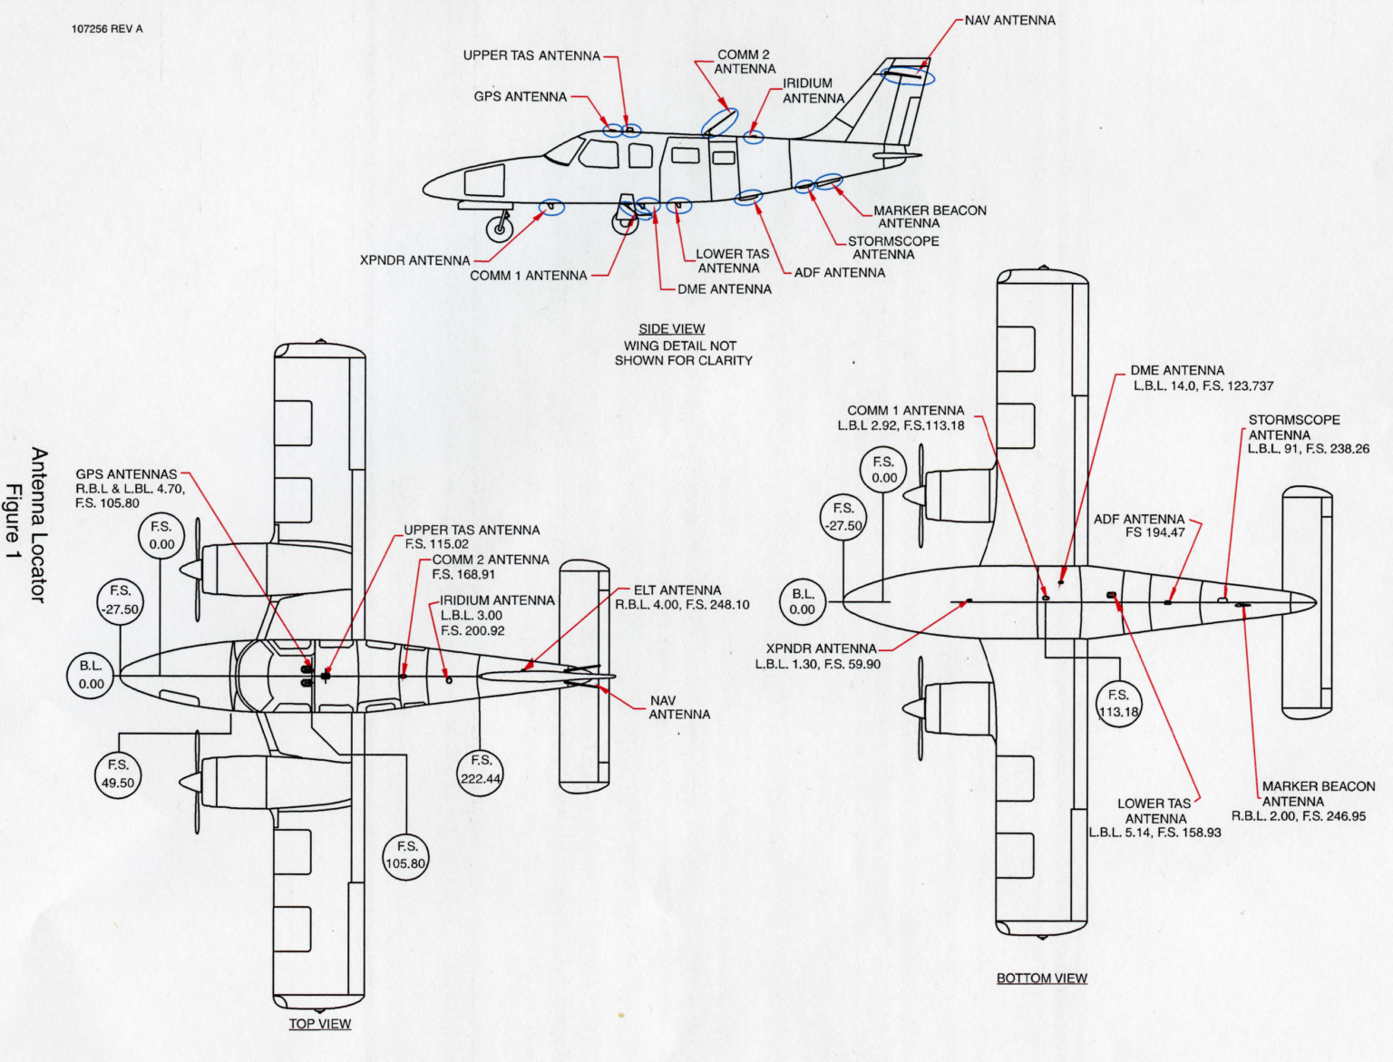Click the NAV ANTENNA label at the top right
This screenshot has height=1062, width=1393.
point(1009,21)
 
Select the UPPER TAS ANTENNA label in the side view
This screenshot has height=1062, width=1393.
point(531,56)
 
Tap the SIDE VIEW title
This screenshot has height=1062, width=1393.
point(671,329)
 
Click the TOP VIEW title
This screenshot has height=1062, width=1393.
point(319,1024)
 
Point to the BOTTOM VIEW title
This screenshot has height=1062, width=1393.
point(1041,979)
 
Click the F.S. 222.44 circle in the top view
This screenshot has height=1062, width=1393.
point(481,770)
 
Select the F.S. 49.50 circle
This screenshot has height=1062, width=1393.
point(118,775)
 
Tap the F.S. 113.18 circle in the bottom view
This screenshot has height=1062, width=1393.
point(1118,703)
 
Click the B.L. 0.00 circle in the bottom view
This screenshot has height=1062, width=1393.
point(803,601)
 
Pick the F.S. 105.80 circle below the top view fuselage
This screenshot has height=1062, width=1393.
point(405,855)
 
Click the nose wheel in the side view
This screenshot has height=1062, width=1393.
point(500,229)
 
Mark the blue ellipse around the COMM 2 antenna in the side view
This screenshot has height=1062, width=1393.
point(720,122)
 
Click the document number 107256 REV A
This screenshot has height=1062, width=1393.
point(107,29)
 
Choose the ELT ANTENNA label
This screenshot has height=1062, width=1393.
point(677,590)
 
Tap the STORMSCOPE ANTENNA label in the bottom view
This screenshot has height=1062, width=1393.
point(1293,427)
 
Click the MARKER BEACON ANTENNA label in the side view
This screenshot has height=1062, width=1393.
point(930,217)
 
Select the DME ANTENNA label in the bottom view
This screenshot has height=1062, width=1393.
point(1177,371)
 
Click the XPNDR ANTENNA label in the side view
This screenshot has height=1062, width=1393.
point(414,261)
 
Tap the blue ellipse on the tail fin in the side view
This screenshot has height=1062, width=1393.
point(909,75)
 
